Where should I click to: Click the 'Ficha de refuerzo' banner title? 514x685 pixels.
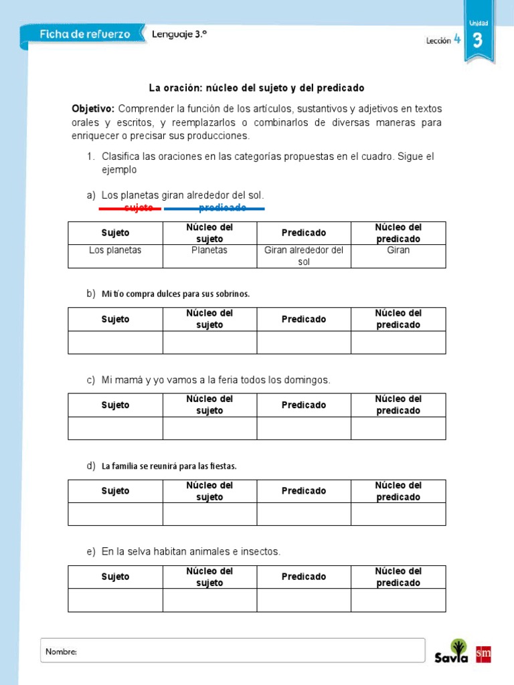(x=84, y=33)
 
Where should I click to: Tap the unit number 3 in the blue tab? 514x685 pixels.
(x=477, y=41)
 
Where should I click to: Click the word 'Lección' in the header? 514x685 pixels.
(x=438, y=41)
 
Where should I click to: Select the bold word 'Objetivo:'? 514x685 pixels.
(x=93, y=108)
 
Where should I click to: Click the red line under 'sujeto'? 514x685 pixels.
(x=130, y=209)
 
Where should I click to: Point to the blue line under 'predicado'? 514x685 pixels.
(x=214, y=209)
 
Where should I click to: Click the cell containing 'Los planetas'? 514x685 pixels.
(x=115, y=250)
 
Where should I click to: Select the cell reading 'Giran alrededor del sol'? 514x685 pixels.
(x=303, y=256)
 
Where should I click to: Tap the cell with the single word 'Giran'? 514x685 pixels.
(x=398, y=250)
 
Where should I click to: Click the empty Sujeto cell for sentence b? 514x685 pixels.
(x=115, y=342)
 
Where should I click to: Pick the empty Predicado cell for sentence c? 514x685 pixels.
(x=303, y=428)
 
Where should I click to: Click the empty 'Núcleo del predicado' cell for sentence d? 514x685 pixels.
(x=398, y=514)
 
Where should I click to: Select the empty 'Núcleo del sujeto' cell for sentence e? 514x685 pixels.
(x=209, y=600)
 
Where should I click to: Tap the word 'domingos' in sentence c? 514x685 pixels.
(x=307, y=380)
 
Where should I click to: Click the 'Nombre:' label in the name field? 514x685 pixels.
(x=61, y=652)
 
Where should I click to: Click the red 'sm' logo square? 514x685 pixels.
(x=483, y=655)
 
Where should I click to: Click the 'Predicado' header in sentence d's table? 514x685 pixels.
(x=303, y=491)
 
